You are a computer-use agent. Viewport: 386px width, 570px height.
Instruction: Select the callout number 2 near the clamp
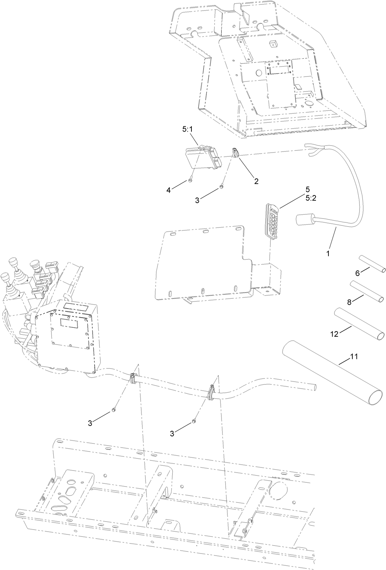tap(256, 181)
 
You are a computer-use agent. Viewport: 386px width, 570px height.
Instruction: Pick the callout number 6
tap(357, 273)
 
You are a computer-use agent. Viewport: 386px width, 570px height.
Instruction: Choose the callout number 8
tap(350, 302)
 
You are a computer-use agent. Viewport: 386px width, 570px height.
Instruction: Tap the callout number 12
tap(334, 334)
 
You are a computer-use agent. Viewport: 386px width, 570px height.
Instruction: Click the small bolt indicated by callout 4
tap(190, 180)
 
